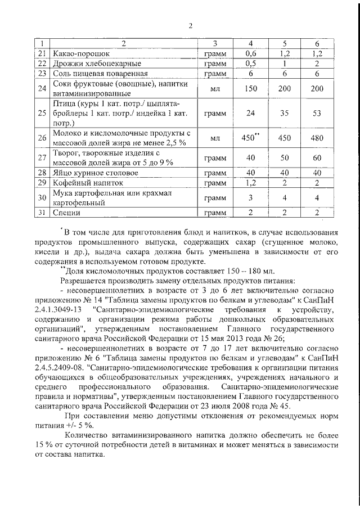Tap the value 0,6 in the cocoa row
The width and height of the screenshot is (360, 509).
pos(251,53)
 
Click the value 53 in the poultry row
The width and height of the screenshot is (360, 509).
pos(317,113)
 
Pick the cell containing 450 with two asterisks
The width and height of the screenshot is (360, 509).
pos(251,137)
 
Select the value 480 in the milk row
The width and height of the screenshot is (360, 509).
pos(317,137)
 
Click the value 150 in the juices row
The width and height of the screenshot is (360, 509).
pos(251,88)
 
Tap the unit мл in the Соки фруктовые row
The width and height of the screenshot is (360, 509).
pos(214,88)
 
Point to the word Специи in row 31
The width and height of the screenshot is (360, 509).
pos(66,213)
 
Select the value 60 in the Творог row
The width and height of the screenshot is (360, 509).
pos(317,157)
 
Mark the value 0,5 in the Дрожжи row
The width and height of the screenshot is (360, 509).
pos(251,64)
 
